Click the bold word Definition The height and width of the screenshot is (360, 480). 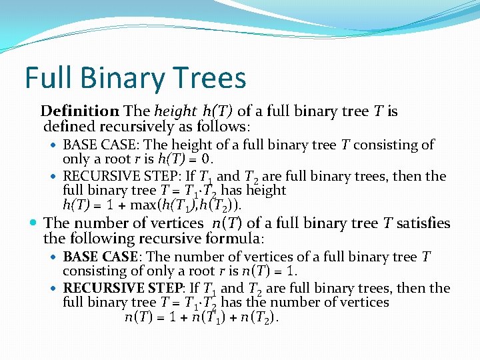[79, 111]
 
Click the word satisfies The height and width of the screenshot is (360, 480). [423, 223]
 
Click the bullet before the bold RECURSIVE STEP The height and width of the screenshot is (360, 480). [54, 289]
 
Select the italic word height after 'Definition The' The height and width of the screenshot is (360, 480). [175, 111]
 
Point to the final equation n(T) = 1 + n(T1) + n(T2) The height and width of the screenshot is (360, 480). [202, 317]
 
